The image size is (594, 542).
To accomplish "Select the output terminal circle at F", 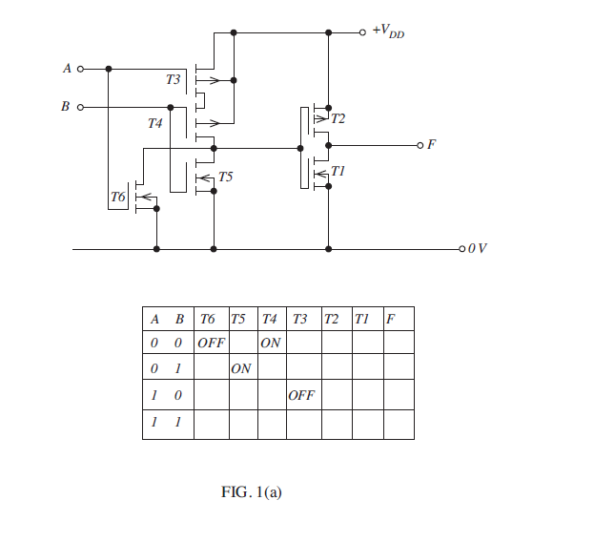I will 419,145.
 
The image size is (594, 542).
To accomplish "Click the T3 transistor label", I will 173,80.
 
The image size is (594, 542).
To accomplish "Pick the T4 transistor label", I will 154,124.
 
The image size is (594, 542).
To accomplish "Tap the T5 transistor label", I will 225,177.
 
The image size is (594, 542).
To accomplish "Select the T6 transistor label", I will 117,197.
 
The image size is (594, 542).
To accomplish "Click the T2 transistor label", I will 338,119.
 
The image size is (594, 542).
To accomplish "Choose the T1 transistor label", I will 338,171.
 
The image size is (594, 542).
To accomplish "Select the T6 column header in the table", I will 210,318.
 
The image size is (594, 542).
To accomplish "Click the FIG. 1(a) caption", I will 252,492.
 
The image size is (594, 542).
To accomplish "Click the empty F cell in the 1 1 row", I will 398,424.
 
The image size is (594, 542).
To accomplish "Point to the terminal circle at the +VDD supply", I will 362,31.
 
